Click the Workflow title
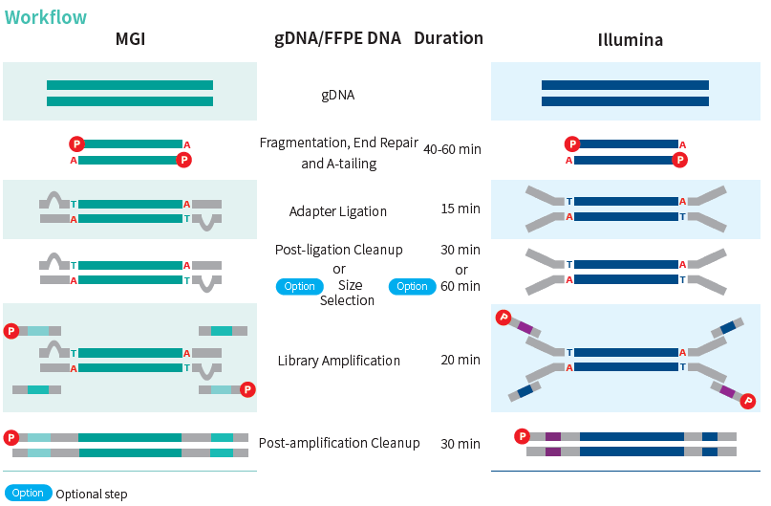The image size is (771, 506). pyautogui.click(x=46, y=17)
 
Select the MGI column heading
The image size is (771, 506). pyautogui.click(x=130, y=40)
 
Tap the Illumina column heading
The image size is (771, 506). pyautogui.click(x=630, y=40)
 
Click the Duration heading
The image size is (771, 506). pyautogui.click(x=448, y=38)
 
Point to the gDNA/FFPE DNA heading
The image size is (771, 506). pyautogui.click(x=337, y=38)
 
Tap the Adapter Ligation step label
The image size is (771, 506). pyautogui.click(x=338, y=211)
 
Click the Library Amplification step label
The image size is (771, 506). pyautogui.click(x=338, y=361)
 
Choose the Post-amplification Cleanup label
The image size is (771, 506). pyautogui.click(x=339, y=443)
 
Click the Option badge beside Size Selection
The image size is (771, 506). pyautogui.click(x=299, y=286)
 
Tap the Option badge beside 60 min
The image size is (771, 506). pyautogui.click(x=412, y=286)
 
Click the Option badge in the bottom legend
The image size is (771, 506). pyautogui.click(x=28, y=493)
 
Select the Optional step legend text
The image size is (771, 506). pyautogui.click(x=92, y=495)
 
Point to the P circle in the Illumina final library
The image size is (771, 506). pyautogui.click(x=522, y=436)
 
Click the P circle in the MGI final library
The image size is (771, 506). pyautogui.click(x=11, y=437)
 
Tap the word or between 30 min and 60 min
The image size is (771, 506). pyautogui.click(x=461, y=269)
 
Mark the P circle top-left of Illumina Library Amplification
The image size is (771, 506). pyautogui.click(x=503, y=318)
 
